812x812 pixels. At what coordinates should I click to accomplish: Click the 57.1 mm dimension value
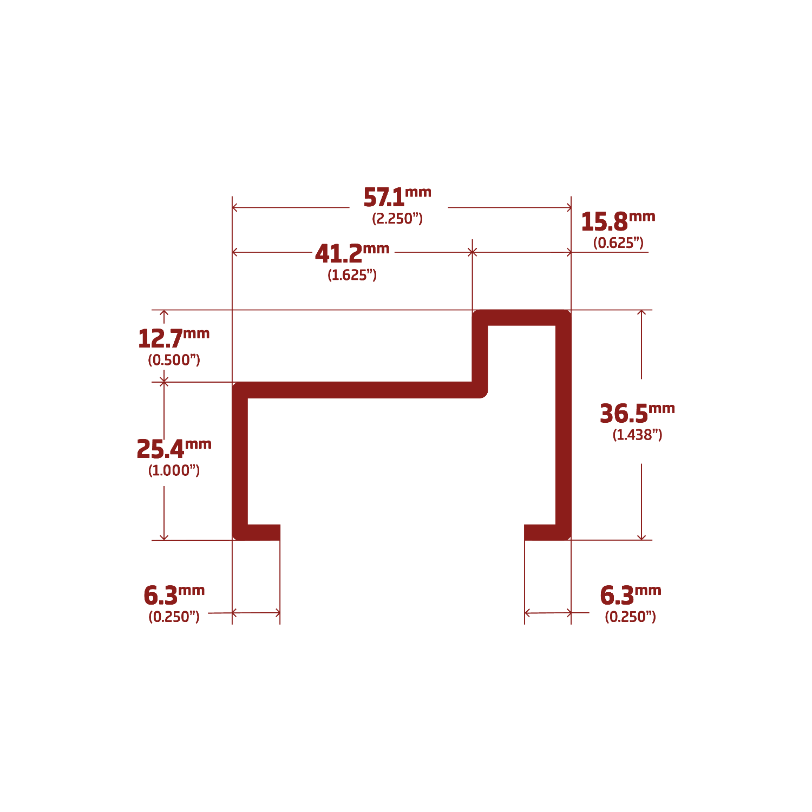click(384, 198)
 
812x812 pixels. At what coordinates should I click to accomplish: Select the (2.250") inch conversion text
click(397, 219)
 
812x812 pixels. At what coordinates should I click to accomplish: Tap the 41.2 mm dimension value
click(338, 254)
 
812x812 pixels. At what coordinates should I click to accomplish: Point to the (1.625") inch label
click(352, 275)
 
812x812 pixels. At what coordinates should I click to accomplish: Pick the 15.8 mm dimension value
click(604, 222)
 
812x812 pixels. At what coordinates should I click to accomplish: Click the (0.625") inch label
click(618, 243)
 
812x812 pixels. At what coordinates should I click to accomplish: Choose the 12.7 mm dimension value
click(160, 339)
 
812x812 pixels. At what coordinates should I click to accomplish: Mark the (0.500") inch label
click(174, 360)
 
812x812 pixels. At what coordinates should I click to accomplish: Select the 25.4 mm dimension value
click(160, 449)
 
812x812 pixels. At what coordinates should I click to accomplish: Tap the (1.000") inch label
click(174, 470)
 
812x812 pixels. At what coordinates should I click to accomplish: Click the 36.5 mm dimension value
click(624, 414)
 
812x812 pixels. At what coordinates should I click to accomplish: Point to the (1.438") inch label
click(637, 435)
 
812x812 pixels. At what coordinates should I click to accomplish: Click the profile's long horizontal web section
click(357, 390)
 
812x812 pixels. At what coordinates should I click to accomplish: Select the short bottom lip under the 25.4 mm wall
click(264, 532)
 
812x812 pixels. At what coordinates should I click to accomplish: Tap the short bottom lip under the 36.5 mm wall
click(540, 532)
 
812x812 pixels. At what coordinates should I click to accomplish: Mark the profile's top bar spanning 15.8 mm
click(522, 318)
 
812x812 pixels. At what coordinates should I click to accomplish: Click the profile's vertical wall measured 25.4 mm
click(240, 460)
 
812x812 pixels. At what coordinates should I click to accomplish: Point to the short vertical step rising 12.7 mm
click(480, 355)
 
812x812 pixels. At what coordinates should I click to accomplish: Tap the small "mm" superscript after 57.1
click(418, 192)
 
